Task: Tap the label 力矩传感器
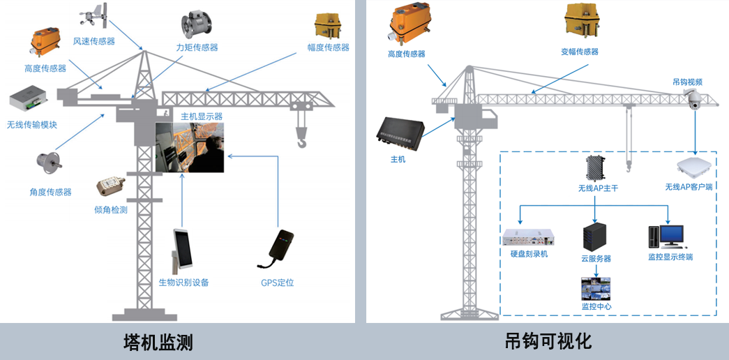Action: pyautogui.click(x=197, y=47)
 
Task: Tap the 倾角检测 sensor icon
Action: pyautogui.click(x=109, y=187)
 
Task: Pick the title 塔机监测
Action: pyautogui.click(x=158, y=343)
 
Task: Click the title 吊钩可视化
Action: pyautogui.click(x=548, y=341)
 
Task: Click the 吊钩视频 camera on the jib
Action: pyautogui.click(x=693, y=100)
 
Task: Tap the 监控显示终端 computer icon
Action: pyautogui.click(x=669, y=236)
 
